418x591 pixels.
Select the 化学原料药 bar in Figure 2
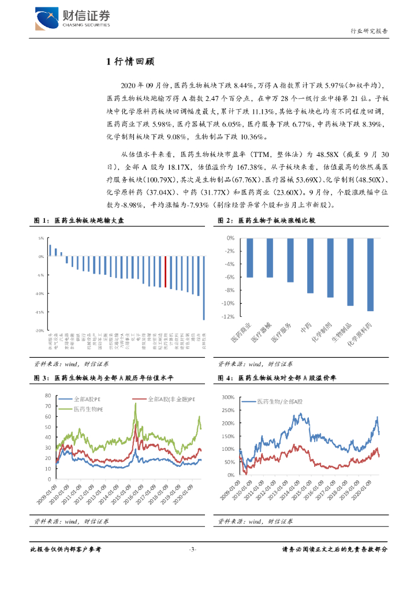coord(370,274)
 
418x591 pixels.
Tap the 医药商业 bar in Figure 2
coord(250,257)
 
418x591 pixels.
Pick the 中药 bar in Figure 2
coord(310,265)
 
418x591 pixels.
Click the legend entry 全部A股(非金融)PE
coord(167,399)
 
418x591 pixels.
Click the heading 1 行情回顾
coord(130,62)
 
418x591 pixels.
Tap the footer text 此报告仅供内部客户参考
coord(65,549)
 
